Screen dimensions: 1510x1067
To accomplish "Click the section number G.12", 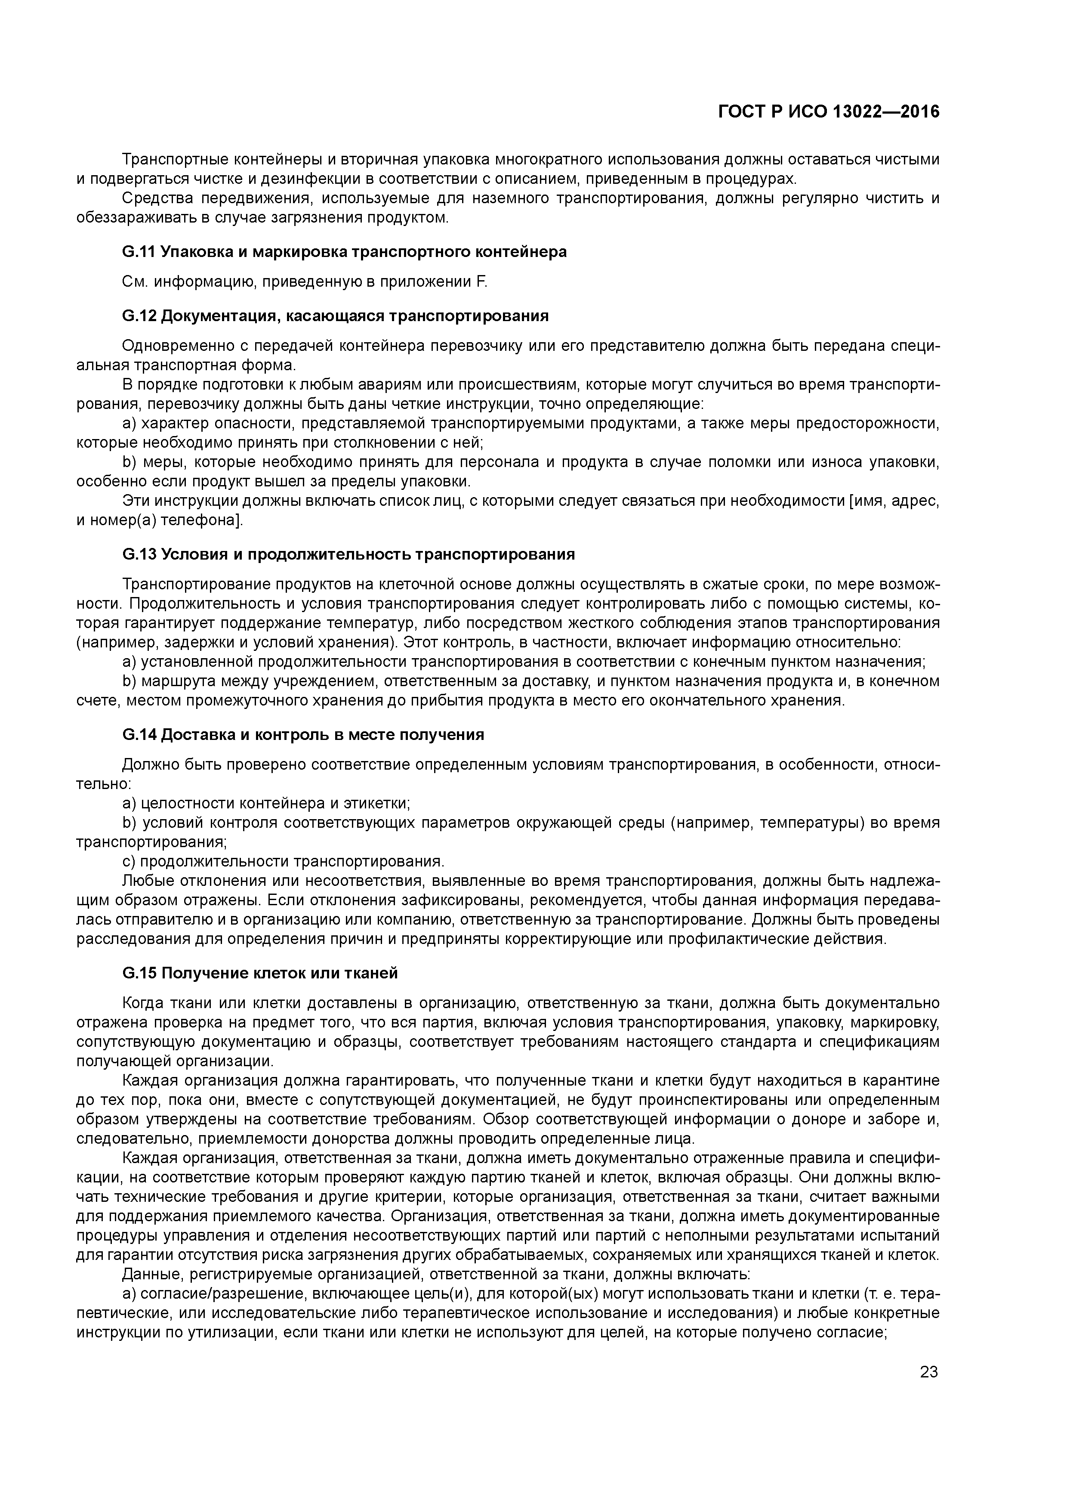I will point(139,316).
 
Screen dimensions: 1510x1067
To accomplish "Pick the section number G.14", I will point(139,735).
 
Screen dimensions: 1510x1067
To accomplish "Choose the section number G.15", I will point(139,973).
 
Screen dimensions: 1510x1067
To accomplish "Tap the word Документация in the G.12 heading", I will point(213,316).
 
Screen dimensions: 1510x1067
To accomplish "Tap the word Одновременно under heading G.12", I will point(170,346).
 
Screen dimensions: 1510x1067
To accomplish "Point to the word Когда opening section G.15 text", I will point(143,1003).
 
